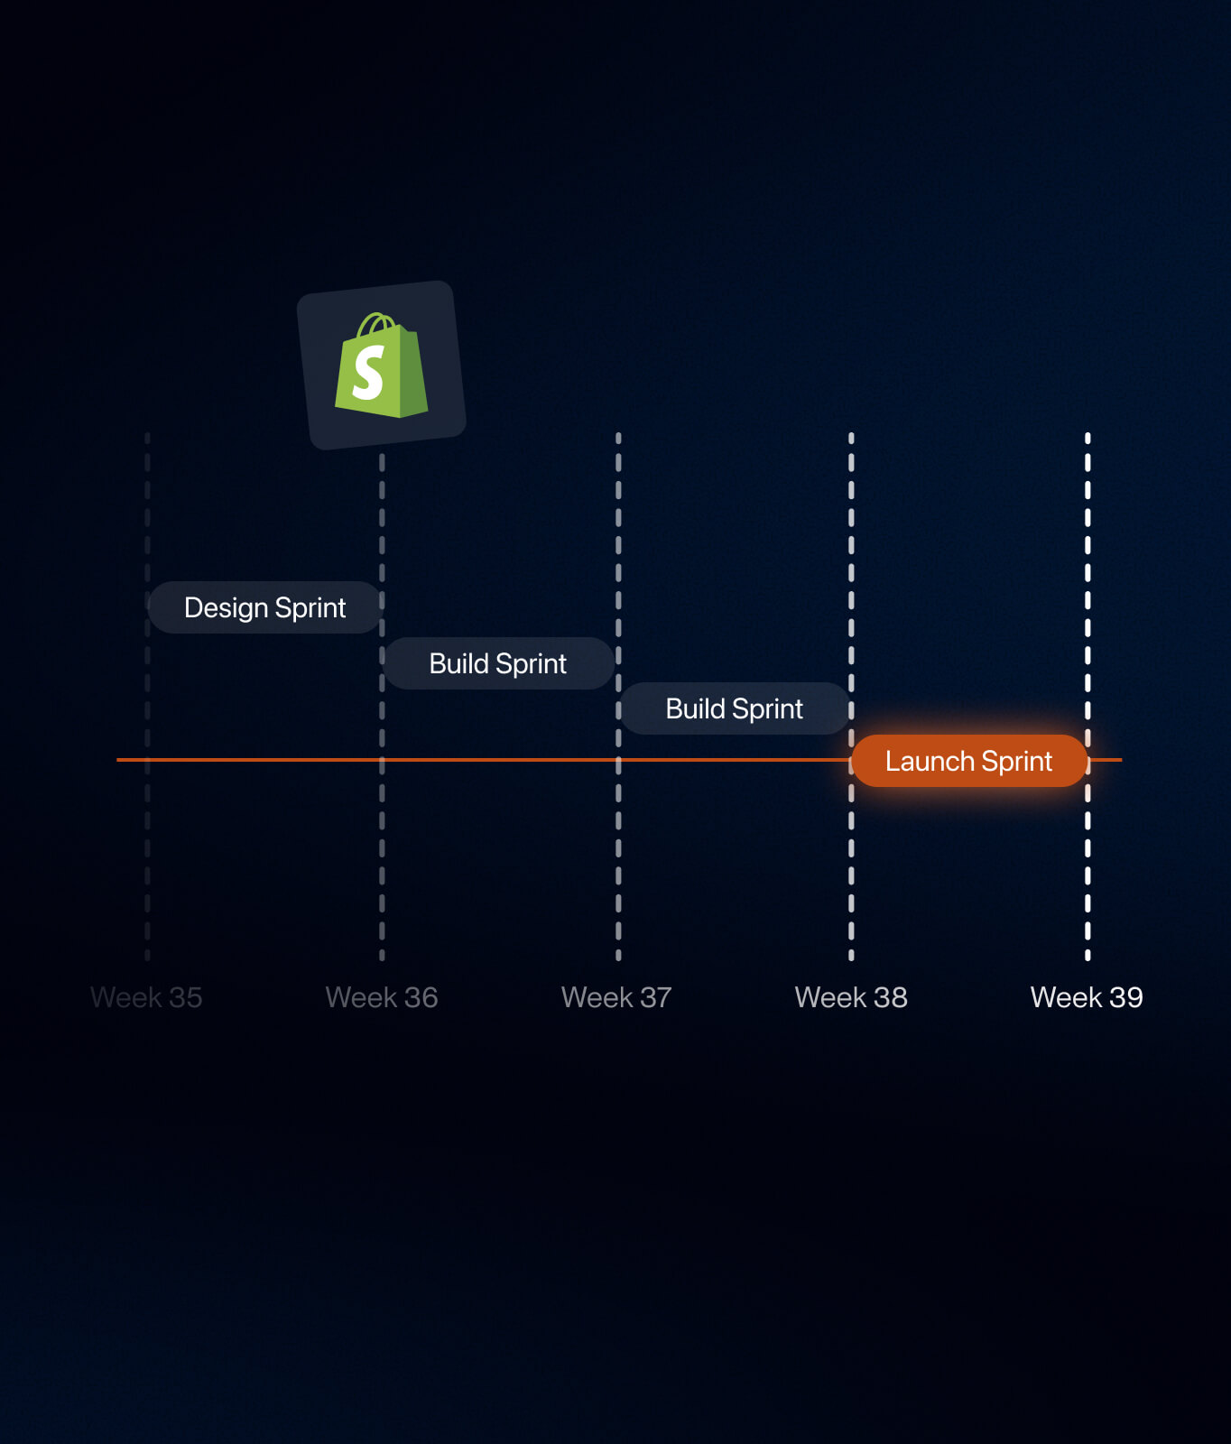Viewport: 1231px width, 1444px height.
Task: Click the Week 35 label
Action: pos(146,997)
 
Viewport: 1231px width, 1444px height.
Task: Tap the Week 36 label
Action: pos(382,997)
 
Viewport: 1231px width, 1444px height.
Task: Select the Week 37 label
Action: pos(616,997)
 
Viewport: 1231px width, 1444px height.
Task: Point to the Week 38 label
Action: pos(851,997)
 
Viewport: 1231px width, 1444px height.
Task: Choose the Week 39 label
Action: pos(1087,997)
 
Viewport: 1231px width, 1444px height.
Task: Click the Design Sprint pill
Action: pos(265,607)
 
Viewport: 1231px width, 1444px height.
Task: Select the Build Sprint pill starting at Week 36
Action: pos(498,663)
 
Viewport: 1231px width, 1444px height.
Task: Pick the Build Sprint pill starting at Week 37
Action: pos(735,708)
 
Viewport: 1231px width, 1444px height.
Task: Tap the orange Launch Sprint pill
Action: pos(969,761)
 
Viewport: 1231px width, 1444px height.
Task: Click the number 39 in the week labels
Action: pos(1125,997)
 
